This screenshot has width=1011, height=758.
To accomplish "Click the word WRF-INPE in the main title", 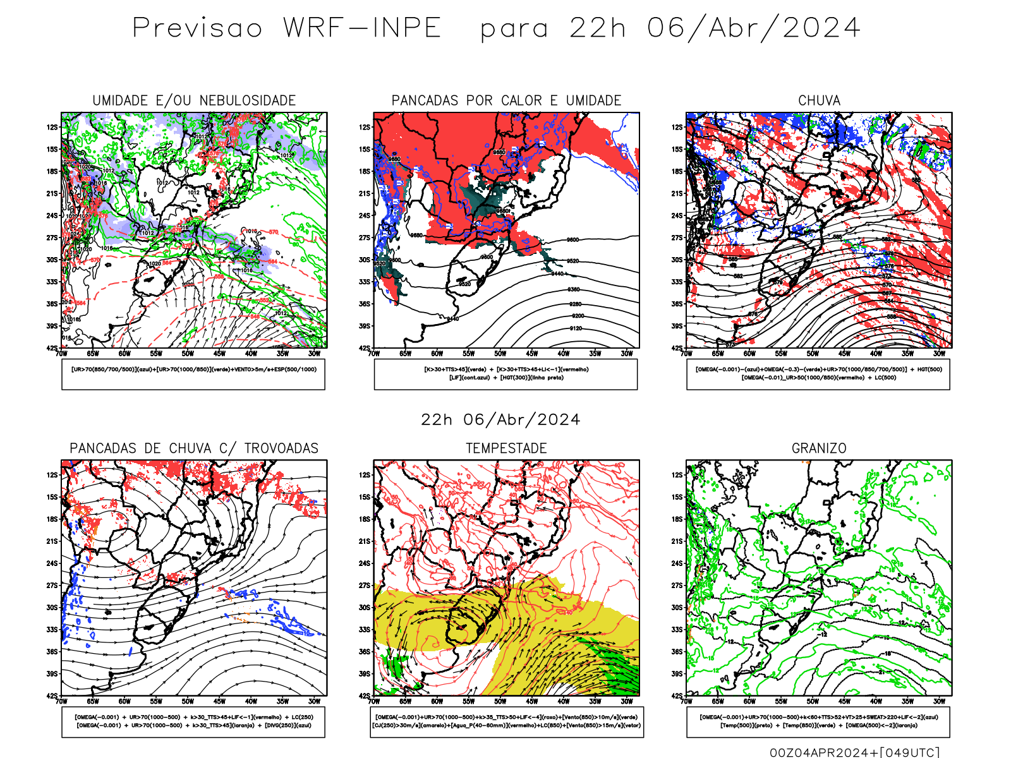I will pyautogui.click(x=362, y=28).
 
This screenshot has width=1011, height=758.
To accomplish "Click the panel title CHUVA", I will pyautogui.click(x=819, y=100).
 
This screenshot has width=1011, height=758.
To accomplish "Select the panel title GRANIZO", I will pyautogui.click(x=819, y=448).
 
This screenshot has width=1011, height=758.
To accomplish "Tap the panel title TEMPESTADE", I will pyautogui.click(x=506, y=448).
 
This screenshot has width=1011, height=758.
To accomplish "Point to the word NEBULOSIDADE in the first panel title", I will pyautogui.click(x=248, y=100).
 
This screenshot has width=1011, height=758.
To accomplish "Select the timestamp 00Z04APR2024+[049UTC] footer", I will pyautogui.click(x=854, y=752).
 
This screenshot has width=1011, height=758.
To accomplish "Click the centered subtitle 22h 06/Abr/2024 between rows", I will pyautogui.click(x=500, y=419).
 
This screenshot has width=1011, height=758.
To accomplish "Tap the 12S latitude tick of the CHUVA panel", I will pyautogui.click(x=677, y=127).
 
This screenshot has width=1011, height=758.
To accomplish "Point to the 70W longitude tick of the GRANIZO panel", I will pyautogui.click(x=687, y=701).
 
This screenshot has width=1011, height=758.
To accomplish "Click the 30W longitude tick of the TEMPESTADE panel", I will pyautogui.click(x=627, y=701).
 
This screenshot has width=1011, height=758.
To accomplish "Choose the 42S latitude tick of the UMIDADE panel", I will pyautogui.click(x=52, y=348).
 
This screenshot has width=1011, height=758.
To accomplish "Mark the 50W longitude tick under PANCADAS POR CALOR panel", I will pyautogui.click(x=500, y=354).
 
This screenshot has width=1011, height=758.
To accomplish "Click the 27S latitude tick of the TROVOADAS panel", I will pyautogui.click(x=52, y=586).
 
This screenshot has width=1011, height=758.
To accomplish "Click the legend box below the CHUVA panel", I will pyautogui.click(x=818, y=374).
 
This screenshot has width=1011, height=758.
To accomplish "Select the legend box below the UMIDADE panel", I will pyautogui.click(x=193, y=374).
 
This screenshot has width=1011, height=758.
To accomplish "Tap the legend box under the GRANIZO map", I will pyautogui.click(x=818, y=721).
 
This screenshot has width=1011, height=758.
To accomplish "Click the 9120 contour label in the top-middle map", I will pyautogui.click(x=575, y=328).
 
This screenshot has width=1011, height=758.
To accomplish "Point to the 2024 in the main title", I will pyautogui.click(x=821, y=28).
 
